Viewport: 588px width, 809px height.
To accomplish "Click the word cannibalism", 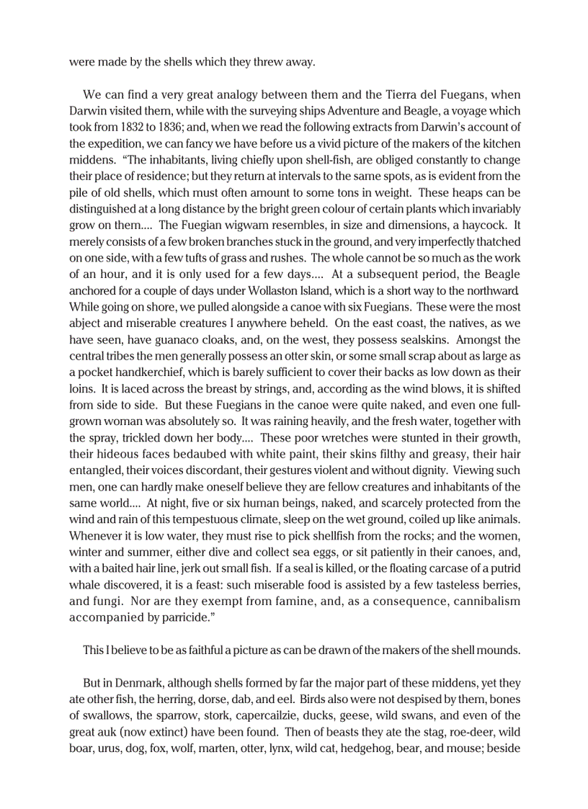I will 483,601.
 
